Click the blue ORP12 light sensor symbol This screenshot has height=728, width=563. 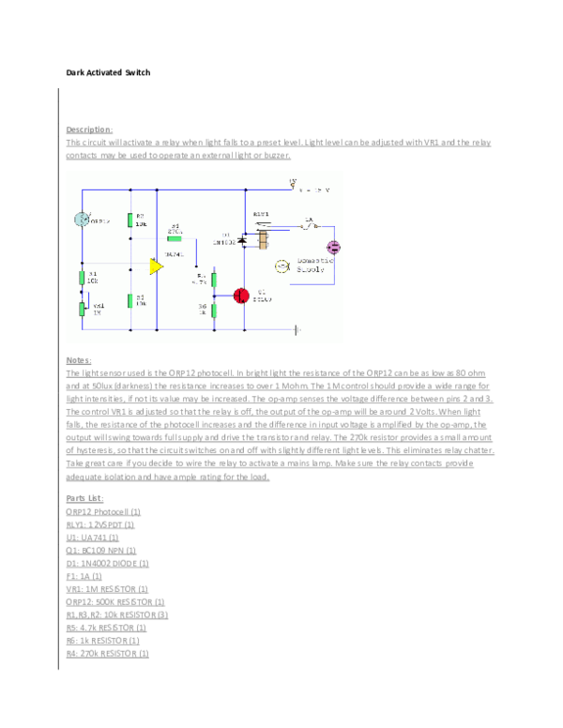point(82,220)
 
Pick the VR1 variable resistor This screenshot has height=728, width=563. point(82,307)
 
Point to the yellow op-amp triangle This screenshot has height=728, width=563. point(156,266)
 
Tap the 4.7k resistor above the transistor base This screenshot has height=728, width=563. point(214,279)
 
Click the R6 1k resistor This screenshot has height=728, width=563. point(214,309)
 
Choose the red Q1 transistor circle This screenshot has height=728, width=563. point(241,295)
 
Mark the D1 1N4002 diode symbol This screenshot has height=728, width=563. point(242,241)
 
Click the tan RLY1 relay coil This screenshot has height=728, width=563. point(264,241)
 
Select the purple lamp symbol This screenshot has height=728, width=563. point(333,247)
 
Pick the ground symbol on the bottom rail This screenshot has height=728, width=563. point(297,329)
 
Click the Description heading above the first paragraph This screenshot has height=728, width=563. point(88,129)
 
